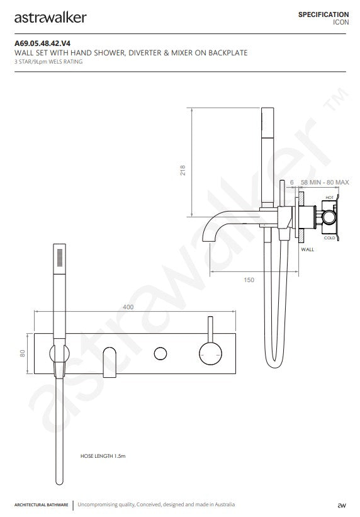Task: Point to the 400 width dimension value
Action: (128, 307)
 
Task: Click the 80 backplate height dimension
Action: (23, 354)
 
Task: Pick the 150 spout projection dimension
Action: (249, 279)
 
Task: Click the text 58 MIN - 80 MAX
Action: (325, 182)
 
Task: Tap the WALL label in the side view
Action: (307, 249)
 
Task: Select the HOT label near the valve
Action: (330, 198)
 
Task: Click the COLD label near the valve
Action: (330, 237)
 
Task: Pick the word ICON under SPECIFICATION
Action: (340, 22)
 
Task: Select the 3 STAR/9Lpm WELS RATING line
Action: (48, 62)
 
